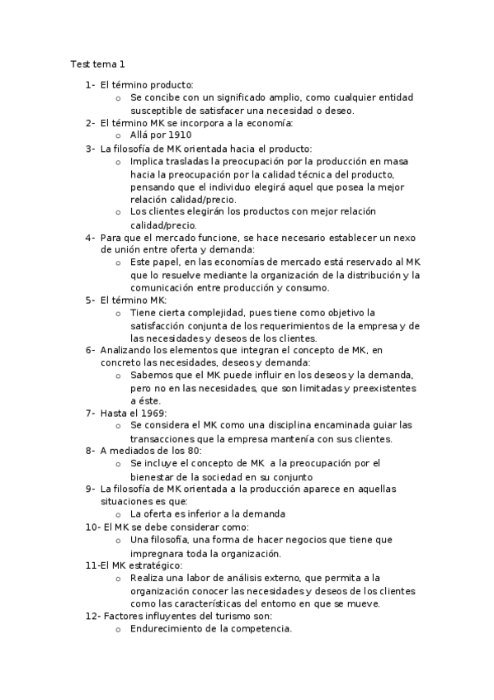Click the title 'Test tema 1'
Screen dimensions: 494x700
pyautogui.click(x=97, y=64)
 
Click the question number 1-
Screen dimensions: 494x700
pyautogui.click(x=90, y=84)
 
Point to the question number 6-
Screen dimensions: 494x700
pyautogui.click(x=90, y=349)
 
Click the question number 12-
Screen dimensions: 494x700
pyautogui.click(x=92, y=616)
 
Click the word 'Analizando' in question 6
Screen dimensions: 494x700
pyautogui.click(x=128, y=349)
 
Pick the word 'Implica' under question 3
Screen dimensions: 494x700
pyautogui.click(x=147, y=161)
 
